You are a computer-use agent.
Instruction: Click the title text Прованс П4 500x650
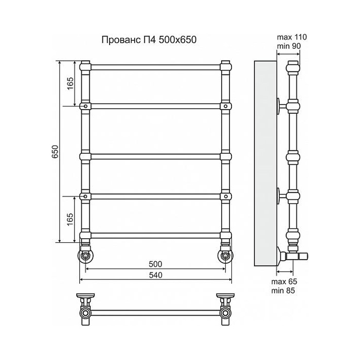149,40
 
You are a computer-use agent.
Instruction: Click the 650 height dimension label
56,152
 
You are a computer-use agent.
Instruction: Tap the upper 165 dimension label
70,83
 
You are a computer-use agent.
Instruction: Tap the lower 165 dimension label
70,220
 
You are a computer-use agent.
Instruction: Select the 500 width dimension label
155,264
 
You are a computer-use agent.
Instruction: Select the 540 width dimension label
155,275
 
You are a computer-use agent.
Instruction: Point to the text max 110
292,37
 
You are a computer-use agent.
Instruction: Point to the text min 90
289,46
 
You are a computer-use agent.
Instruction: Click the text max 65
284,281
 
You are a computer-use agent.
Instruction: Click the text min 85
283,291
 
